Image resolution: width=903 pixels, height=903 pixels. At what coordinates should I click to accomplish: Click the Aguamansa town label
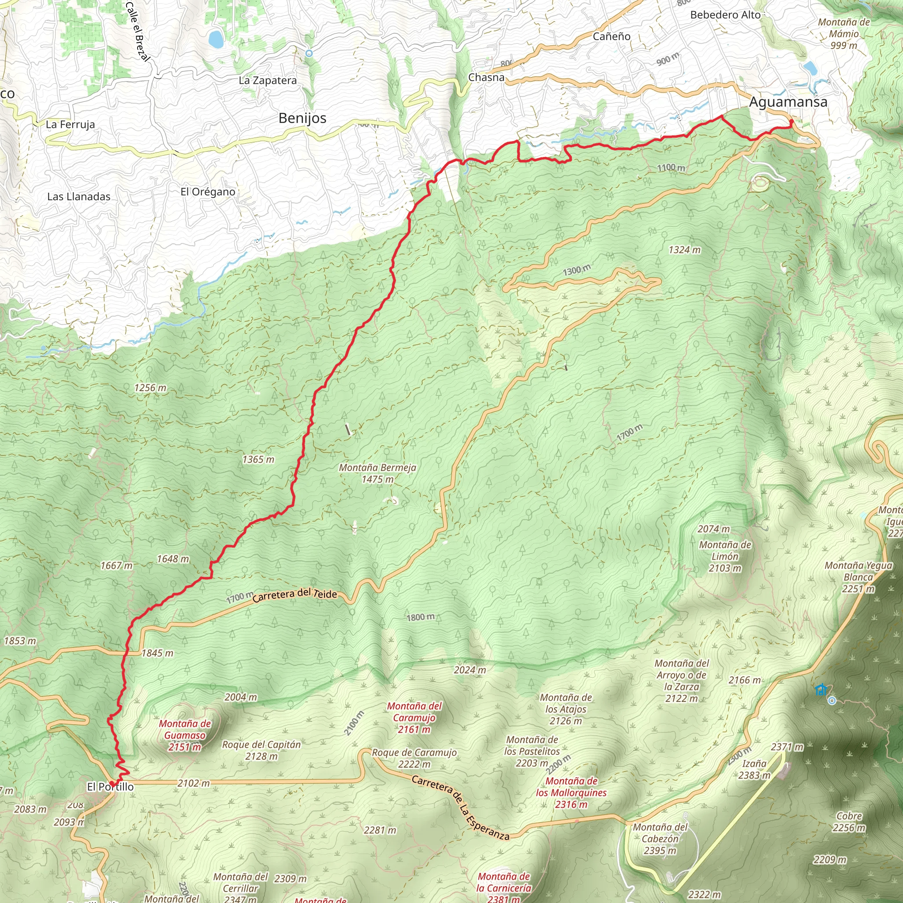point(788,102)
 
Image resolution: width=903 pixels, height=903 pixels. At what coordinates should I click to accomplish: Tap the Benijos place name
point(302,118)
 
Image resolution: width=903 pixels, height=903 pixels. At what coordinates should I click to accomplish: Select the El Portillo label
point(110,787)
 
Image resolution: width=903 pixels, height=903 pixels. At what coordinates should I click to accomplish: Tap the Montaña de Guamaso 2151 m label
point(185,735)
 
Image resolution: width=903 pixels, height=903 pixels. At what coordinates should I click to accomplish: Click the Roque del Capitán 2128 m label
point(261,750)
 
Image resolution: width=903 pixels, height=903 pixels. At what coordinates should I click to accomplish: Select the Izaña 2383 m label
point(754,769)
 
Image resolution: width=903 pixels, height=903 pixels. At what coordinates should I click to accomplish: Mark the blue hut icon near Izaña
point(820,690)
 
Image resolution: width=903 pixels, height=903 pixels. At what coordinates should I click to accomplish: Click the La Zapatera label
point(267,80)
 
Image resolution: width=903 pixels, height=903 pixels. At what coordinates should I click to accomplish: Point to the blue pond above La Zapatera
point(216,39)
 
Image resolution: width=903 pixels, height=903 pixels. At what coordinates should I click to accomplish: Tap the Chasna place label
point(486,78)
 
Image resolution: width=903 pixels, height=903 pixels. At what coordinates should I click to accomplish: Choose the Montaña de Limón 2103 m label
point(725,556)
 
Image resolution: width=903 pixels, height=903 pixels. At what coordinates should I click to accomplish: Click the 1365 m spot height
point(258,459)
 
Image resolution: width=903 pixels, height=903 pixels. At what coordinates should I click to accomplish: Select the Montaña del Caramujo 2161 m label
point(414,717)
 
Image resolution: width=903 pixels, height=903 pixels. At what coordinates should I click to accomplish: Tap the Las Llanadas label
point(79,196)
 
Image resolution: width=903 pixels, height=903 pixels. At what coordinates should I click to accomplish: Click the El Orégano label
point(208,192)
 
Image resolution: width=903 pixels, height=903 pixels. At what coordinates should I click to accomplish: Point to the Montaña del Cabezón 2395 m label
point(660,839)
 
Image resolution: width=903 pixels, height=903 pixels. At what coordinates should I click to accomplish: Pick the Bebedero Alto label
point(725,15)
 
